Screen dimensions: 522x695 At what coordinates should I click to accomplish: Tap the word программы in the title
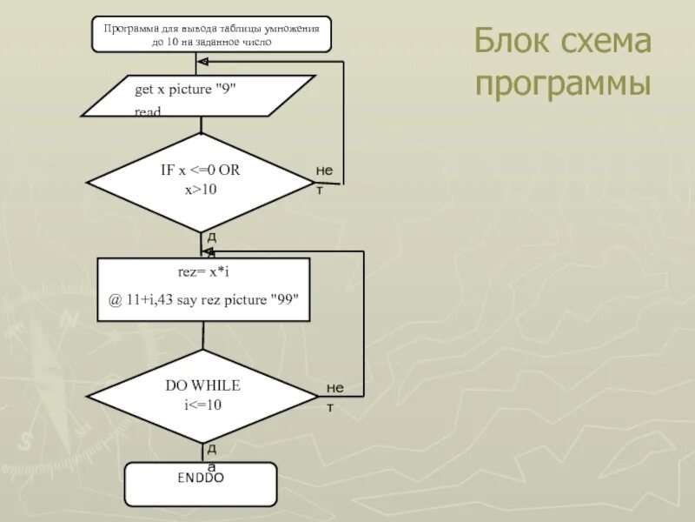(x=563, y=84)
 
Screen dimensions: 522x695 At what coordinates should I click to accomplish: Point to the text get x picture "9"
(x=185, y=90)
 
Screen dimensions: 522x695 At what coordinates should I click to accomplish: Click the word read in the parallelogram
(x=148, y=111)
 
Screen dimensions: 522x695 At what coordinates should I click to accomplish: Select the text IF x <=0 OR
(x=200, y=170)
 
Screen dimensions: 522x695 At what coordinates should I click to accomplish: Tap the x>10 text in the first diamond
(x=200, y=189)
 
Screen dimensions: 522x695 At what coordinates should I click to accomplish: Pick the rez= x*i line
(x=203, y=273)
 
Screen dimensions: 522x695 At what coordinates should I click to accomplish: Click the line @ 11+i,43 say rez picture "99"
(x=203, y=298)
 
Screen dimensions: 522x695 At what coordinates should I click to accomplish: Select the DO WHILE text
(x=202, y=385)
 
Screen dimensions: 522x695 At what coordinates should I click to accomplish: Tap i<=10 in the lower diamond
(x=202, y=404)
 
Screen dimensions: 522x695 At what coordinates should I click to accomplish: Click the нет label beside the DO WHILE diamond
(x=334, y=397)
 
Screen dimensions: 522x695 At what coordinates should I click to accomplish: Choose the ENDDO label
(x=201, y=477)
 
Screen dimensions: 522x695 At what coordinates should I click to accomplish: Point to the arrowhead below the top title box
(x=202, y=62)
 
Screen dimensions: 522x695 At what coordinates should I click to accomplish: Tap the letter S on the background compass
(x=25, y=442)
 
